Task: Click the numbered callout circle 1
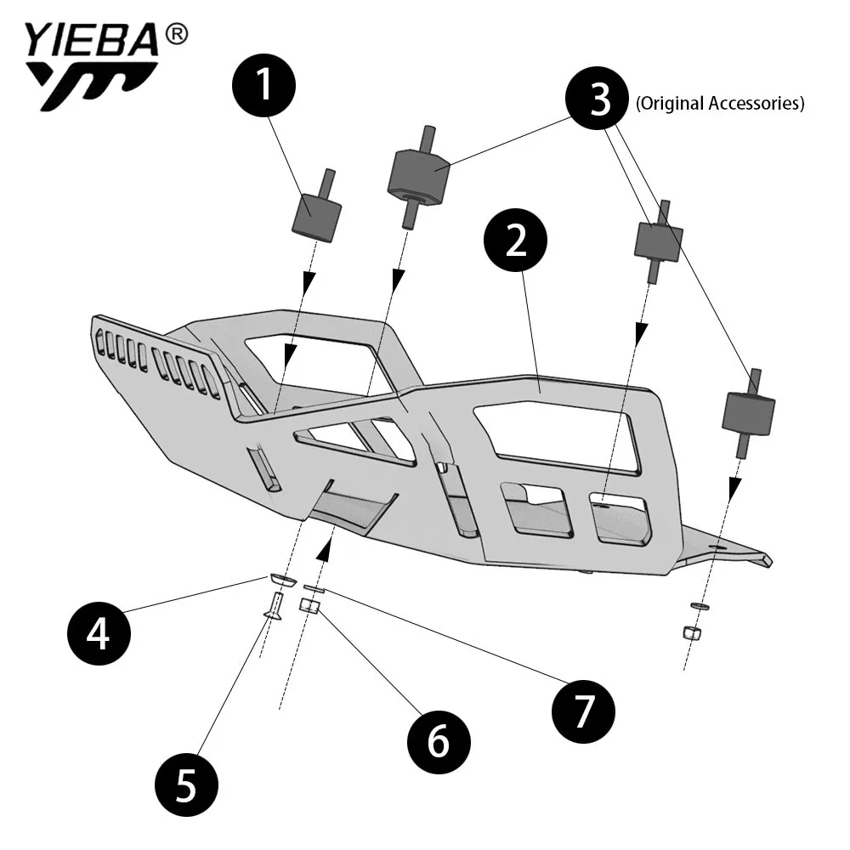(264, 87)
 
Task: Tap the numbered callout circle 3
(600, 100)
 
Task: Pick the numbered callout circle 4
(99, 633)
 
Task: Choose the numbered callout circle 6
(438, 741)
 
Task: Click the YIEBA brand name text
(91, 41)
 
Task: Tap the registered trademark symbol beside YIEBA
(176, 34)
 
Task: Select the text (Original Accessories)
(719, 104)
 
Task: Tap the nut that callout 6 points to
(310, 606)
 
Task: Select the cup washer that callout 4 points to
(283, 579)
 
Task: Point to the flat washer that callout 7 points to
(314, 588)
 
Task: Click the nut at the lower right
(692, 632)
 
